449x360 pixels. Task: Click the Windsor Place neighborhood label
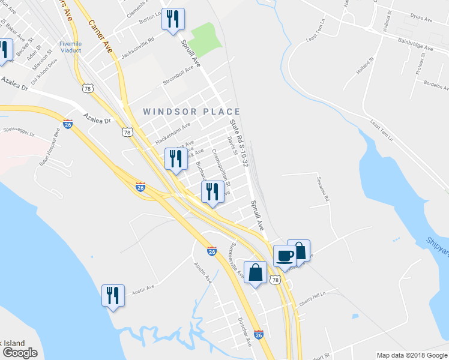(x=191, y=112)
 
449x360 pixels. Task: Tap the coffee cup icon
(x=285, y=255)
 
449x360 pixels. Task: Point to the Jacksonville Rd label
(x=137, y=46)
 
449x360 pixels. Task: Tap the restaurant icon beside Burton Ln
(x=172, y=19)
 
